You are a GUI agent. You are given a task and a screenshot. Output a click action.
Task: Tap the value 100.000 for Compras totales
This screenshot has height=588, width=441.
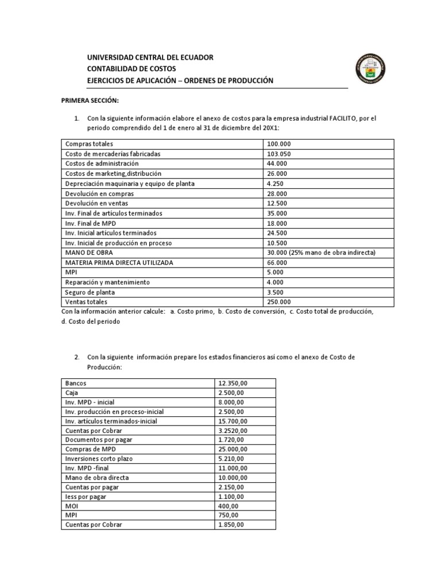279,144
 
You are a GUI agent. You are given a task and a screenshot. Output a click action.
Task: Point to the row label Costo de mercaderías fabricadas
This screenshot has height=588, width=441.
113,154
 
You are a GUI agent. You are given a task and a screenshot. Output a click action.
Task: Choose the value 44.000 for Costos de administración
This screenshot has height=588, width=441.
277,164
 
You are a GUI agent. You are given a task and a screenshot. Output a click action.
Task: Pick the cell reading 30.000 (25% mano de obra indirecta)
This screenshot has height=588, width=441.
322,252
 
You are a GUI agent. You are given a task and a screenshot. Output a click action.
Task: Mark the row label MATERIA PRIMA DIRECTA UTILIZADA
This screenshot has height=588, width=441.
119,262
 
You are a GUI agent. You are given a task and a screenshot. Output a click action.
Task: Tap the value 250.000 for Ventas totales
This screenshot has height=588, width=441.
279,301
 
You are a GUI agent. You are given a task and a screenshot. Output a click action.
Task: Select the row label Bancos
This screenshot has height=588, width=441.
76,382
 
